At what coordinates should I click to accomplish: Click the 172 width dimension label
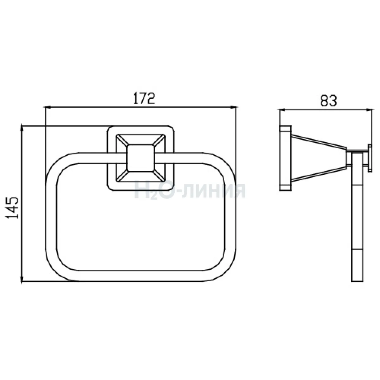click(144, 98)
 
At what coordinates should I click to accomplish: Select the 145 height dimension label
click(12, 208)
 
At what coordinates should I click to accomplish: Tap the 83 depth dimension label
click(328, 101)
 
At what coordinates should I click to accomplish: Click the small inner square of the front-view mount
click(140, 158)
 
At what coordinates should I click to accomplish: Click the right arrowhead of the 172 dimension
click(233, 107)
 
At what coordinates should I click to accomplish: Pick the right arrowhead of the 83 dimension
click(369, 110)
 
